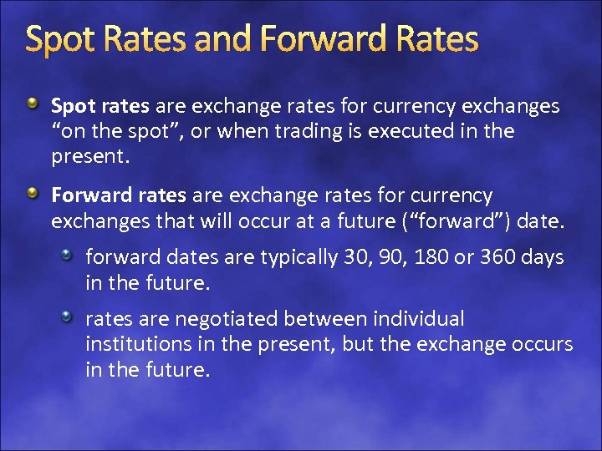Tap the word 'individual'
click(x=421, y=319)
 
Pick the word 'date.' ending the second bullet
click(x=543, y=221)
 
